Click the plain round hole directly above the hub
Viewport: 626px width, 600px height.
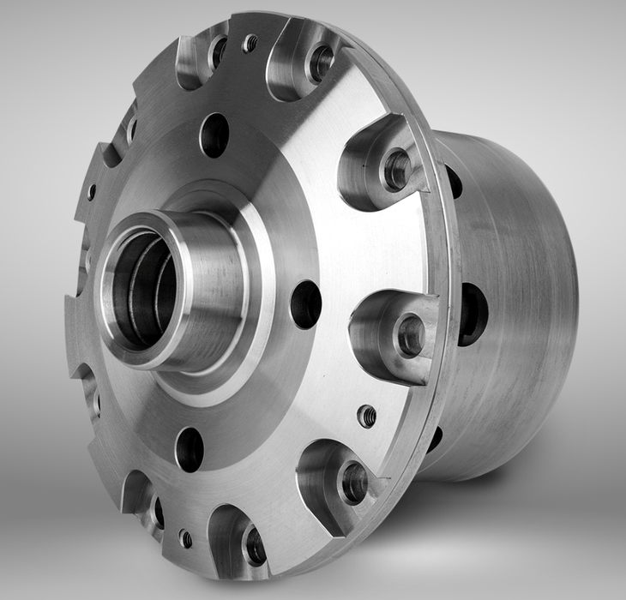[214, 135]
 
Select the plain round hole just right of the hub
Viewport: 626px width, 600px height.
[306, 303]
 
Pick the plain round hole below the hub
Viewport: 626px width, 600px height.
[190, 449]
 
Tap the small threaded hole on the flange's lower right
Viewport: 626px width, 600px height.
[366, 416]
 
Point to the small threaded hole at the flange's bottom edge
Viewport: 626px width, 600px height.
[185, 538]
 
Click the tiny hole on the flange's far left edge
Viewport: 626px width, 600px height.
[91, 192]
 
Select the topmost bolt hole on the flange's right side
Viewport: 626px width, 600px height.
[321, 63]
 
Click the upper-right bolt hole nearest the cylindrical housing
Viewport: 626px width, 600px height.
[396, 169]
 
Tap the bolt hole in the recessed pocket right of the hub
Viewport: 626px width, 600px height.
[410, 334]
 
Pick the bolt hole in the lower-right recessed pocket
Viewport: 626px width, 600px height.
[353, 483]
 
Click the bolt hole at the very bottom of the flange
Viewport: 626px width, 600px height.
[254, 545]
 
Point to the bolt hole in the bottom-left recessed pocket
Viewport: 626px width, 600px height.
[156, 511]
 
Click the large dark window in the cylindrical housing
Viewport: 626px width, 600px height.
[473, 314]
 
